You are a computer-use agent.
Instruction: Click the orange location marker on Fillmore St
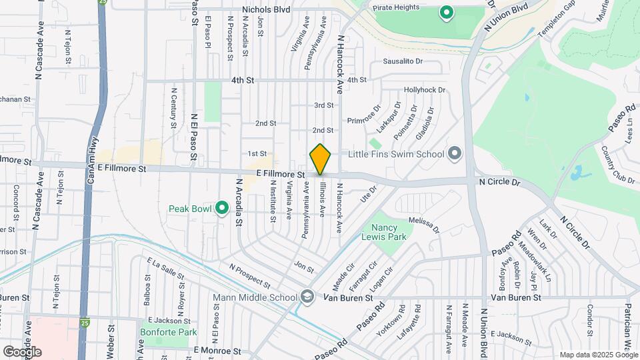321,159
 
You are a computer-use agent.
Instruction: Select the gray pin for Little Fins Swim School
455,154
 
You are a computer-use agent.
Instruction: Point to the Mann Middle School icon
307,297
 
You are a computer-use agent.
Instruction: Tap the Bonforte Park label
161,331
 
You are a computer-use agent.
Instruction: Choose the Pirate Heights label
415,7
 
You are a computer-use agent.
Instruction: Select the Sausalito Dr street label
403,61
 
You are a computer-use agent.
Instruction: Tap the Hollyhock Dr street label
424,89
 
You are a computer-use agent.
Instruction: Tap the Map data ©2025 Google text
598,355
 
